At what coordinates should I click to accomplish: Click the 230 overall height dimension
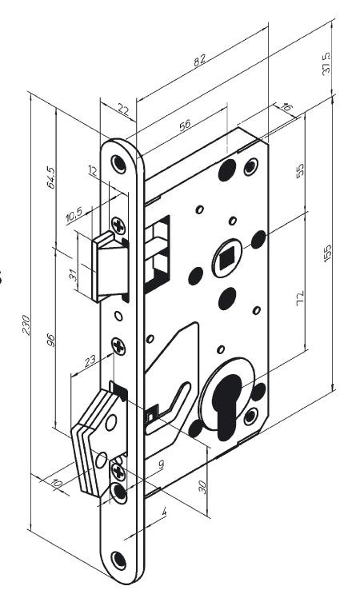26,325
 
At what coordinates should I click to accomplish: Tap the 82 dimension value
199,60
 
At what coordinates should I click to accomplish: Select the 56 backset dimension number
185,126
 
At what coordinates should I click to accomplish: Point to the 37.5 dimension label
326,64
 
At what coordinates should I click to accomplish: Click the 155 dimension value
327,253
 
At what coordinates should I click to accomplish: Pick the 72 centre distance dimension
300,298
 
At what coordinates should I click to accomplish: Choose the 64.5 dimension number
50,177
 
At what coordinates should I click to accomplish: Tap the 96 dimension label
50,340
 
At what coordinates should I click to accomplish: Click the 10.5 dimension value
74,215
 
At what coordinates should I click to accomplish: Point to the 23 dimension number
90,361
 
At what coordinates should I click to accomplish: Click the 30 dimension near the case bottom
202,487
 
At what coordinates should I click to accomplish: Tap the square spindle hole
226,258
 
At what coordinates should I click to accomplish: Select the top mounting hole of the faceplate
118,164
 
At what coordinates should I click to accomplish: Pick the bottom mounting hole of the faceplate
118,560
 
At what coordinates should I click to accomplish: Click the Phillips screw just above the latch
118,225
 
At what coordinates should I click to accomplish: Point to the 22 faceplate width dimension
123,110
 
